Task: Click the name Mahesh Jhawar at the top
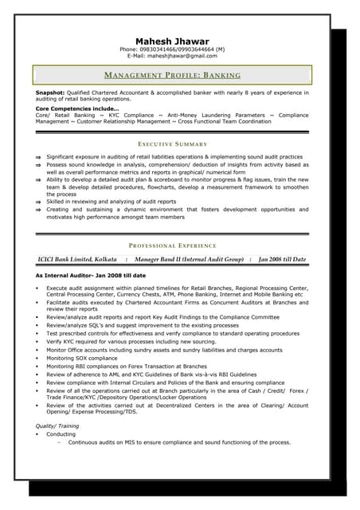coord(172,41)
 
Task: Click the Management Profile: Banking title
coord(172,75)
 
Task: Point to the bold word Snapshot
coord(51,93)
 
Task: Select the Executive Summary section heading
coord(172,143)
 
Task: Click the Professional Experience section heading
coord(172,245)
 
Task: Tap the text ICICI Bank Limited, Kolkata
coord(77,260)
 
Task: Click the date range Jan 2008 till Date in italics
coord(282,260)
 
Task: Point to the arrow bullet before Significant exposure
coord(39,158)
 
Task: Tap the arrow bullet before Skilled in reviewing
coord(39,202)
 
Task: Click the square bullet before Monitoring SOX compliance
coord(38,359)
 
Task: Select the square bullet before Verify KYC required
coord(38,341)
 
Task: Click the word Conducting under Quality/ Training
coord(61,434)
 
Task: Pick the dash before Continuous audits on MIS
coord(60,442)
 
